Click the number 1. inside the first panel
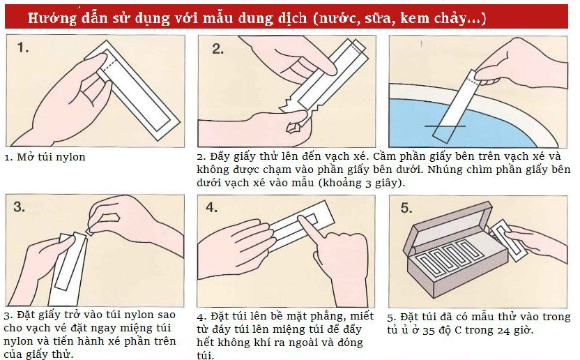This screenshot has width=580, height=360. (23, 47)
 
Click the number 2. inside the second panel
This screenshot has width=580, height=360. (218, 49)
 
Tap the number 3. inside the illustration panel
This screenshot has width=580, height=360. (20, 207)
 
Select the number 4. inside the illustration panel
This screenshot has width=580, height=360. (212, 207)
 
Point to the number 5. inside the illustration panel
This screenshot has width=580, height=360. (406, 208)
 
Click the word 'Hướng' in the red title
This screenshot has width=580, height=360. (52, 18)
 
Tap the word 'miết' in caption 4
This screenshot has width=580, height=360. (362, 316)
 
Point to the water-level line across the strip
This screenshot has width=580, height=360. (445, 126)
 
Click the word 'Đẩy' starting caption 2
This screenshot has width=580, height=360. (220, 156)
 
